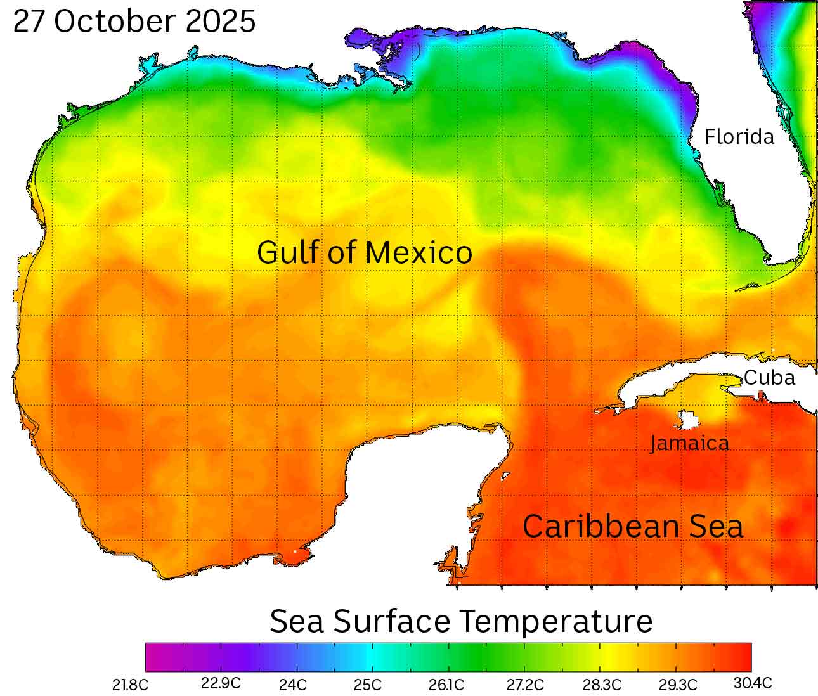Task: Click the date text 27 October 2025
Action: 134,22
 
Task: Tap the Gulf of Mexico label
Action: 365,252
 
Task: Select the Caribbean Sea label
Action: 633,527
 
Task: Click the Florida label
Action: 739,137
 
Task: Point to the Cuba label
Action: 769,378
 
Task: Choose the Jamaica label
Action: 690,443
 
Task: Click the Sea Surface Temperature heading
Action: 461,621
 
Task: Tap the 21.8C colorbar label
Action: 131,685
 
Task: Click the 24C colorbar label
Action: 293,685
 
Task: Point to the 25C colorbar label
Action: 368,685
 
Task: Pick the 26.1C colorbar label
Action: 446,685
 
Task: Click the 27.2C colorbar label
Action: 526,685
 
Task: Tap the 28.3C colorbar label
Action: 602,685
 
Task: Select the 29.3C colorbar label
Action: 678,685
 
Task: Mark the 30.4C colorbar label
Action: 753,683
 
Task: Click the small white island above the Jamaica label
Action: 689,420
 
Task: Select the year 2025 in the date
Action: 221,22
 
